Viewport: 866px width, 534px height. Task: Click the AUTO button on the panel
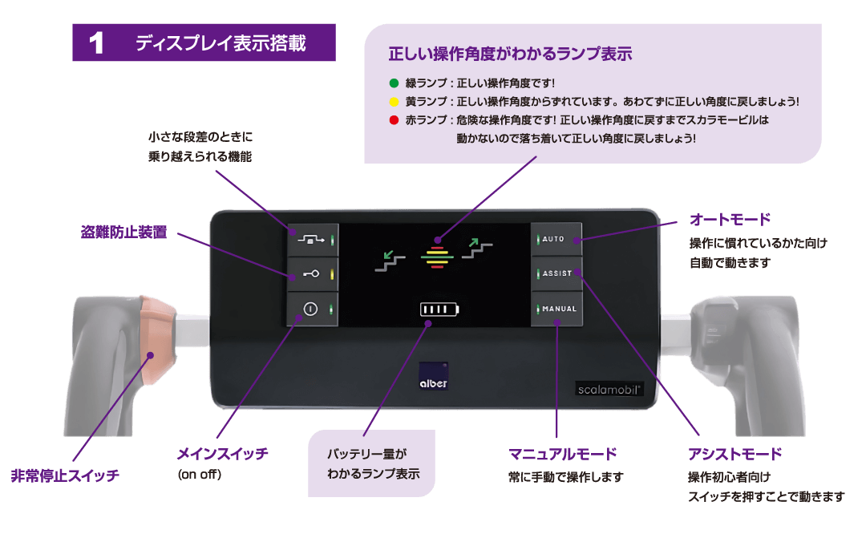[x=556, y=239]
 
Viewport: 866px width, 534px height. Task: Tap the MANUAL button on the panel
[x=556, y=309]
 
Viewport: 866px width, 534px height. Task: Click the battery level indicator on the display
[x=439, y=309]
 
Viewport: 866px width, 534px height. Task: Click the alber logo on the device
[x=434, y=376]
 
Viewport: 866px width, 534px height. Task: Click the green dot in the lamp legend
[x=393, y=83]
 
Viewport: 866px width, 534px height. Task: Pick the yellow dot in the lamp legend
[x=393, y=102]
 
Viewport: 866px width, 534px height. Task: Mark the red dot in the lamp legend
[x=393, y=120]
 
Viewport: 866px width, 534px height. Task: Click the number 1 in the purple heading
[x=97, y=43]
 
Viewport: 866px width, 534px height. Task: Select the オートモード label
[x=730, y=219]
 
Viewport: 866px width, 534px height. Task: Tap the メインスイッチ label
[x=222, y=454]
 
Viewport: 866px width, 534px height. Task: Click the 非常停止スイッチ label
[x=65, y=475]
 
